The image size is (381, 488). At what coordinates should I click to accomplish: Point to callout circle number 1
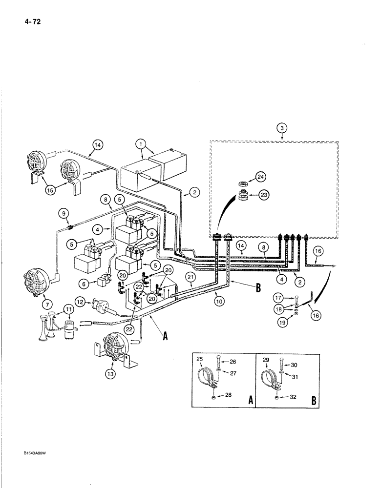pos(142,144)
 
